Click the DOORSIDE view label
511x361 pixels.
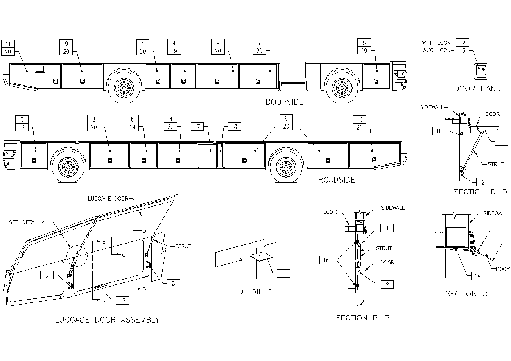[x=284, y=102]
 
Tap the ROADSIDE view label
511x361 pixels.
[x=337, y=180]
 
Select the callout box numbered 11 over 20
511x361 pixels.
[x=8, y=47]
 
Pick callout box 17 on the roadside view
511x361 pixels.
[x=197, y=127]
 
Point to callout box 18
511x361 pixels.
[x=234, y=127]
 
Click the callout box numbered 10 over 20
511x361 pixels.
[x=360, y=123]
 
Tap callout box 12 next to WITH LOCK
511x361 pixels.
[x=462, y=43]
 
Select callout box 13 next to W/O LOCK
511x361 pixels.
[x=462, y=50]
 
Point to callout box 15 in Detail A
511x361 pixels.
[x=284, y=273]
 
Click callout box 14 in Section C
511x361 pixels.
[x=477, y=276]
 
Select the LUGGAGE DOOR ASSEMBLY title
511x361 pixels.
[x=107, y=320]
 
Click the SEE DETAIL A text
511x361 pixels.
[x=27, y=222]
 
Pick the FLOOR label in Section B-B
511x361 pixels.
[x=328, y=212]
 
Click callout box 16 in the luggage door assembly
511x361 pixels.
[x=122, y=300]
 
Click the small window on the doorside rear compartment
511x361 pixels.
[x=41, y=69]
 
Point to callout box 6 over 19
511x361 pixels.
[x=132, y=123]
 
